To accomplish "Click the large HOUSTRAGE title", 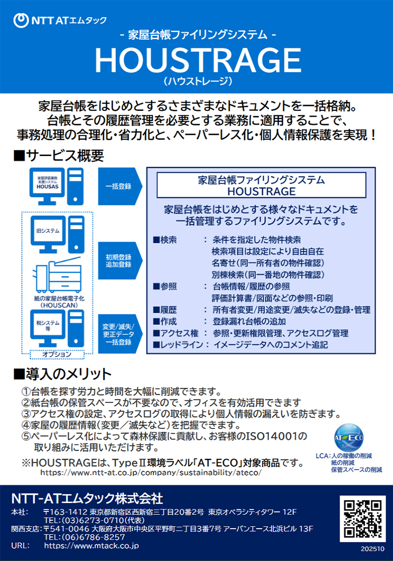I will click(197, 60).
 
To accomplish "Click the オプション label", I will click(57, 354).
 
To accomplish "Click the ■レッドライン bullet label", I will click(180, 345).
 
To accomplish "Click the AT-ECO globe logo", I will click(348, 437).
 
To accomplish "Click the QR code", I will click(363, 517).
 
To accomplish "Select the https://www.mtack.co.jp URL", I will click(91, 545).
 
